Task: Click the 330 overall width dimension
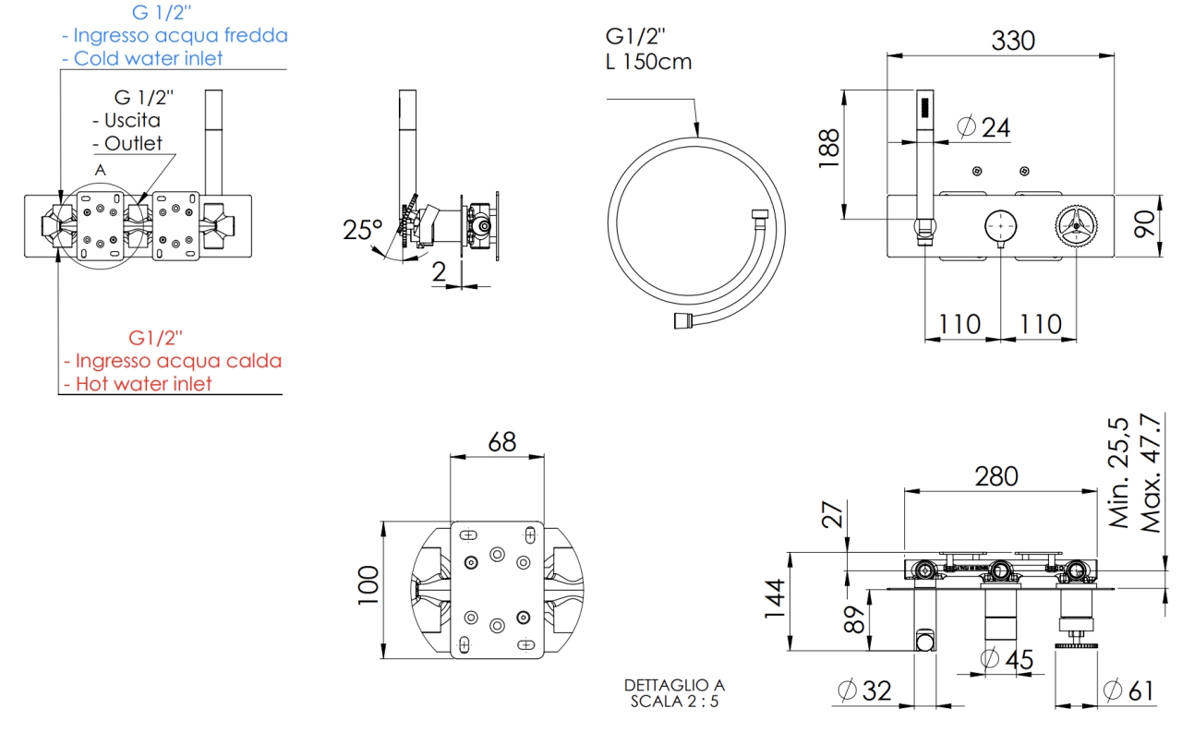[x=1013, y=41]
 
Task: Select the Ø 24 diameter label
[x=984, y=127]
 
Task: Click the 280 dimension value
[x=997, y=476]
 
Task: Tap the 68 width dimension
[x=502, y=441]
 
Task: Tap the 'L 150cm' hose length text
[x=648, y=63]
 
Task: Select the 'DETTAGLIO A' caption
[x=674, y=685]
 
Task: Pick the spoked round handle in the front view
[x=1075, y=224]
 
